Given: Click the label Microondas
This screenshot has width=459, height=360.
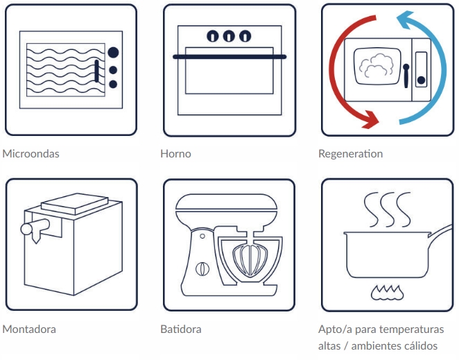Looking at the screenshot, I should pyautogui.click(x=31, y=154).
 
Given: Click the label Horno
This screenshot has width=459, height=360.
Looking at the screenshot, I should pyautogui.click(x=175, y=154).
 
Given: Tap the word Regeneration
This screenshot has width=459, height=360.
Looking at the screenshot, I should pyautogui.click(x=350, y=154).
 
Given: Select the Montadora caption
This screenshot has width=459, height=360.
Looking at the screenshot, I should pyautogui.click(x=29, y=329).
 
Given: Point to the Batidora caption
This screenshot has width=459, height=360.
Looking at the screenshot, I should pyautogui.click(x=181, y=329).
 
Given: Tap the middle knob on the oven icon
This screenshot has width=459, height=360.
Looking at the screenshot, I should pyautogui.click(x=230, y=36).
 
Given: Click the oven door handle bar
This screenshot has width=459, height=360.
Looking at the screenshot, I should pyautogui.click(x=230, y=56).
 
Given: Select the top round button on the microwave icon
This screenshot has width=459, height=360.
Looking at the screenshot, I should pyautogui.click(x=113, y=52).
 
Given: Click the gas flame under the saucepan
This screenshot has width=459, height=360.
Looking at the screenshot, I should pyautogui.click(x=388, y=293).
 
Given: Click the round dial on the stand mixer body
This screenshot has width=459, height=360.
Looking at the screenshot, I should pyautogui.click(x=202, y=268).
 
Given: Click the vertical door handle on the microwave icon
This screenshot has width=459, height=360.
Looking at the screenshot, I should pyautogui.click(x=96, y=71).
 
